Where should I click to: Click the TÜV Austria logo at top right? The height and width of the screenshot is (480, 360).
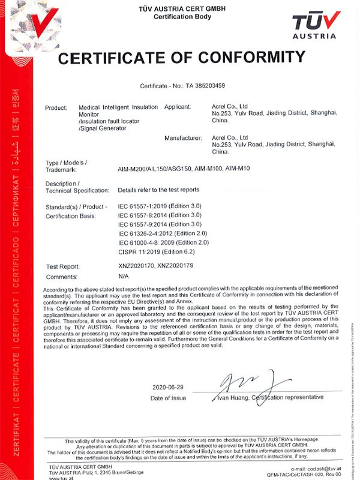(x=316, y=25)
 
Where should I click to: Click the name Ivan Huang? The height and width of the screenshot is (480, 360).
(x=230, y=397)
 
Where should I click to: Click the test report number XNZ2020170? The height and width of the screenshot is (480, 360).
(x=136, y=266)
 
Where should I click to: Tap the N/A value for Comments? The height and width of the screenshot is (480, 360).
(x=124, y=277)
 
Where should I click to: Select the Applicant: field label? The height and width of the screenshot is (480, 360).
(x=180, y=107)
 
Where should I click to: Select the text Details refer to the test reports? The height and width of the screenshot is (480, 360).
(x=159, y=190)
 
